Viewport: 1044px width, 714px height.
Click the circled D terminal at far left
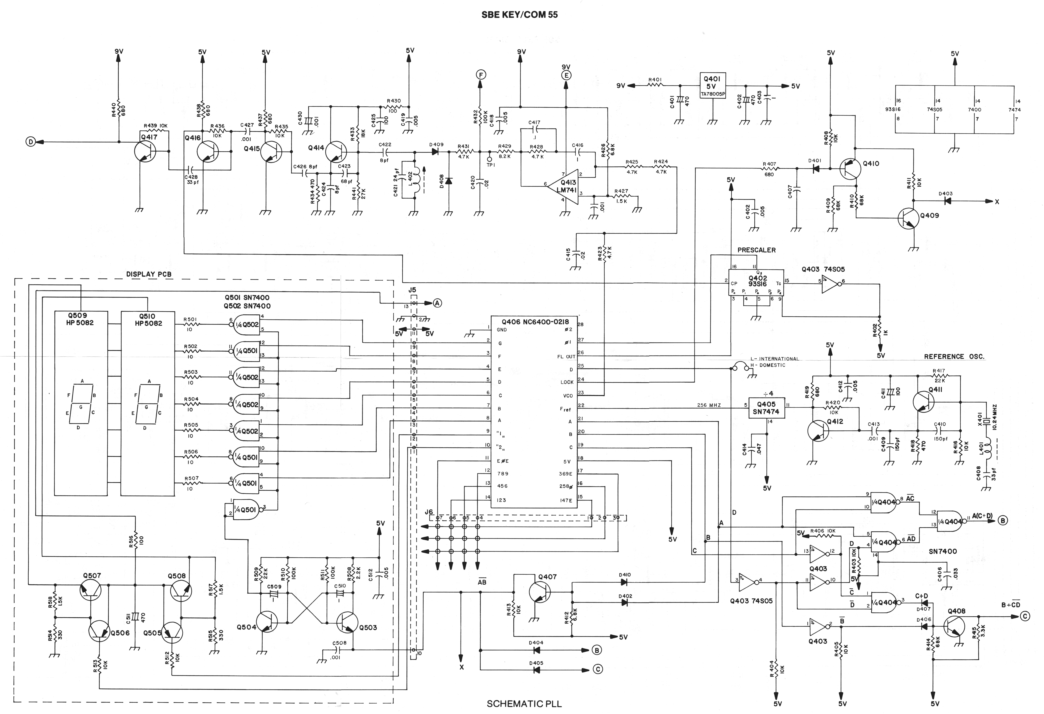click(x=31, y=142)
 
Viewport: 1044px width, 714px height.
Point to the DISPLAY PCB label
click(x=149, y=274)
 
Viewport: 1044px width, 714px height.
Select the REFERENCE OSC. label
click(x=954, y=357)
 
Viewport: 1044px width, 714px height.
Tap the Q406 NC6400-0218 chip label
click(x=535, y=322)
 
